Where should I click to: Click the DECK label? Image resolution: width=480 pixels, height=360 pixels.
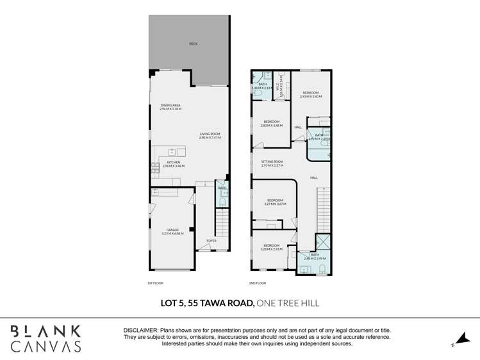pyautogui.click(x=193, y=44)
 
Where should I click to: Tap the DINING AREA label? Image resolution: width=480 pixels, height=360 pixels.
pyautogui.click(x=170, y=105)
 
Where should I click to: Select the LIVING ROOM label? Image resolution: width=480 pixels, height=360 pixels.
pyautogui.click(x=209, y=134)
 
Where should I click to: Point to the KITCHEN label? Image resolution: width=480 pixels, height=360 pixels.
pyautogui.click(x=174, y=163)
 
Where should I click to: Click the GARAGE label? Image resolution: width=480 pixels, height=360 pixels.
pyautogui.click(x=172, y=229)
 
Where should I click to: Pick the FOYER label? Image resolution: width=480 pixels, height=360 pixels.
pyautogui.click(x=211, y=241)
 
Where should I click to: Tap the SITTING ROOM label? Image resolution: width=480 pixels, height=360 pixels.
pyautogui.click(x=272, y=161)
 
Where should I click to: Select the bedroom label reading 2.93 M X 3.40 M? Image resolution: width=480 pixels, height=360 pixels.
pyautogui.click(x=311, y=96)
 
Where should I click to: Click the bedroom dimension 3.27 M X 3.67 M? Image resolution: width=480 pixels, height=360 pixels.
pyautogui.click(x=274, y=204)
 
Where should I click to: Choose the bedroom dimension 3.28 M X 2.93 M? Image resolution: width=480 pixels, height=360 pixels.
pyautogui.click(x=272, y=249)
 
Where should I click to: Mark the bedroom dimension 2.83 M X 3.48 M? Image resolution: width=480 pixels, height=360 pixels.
pyautogui.click(x=271, y=126)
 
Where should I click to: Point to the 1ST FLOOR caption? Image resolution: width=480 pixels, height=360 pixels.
pyautogui.click(x=154, y=282)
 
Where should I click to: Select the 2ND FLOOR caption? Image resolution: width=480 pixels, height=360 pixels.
pyautogui.click(x=257, y=282)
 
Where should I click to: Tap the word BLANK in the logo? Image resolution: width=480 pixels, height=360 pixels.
pyautogui.click(x=46, y=331)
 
